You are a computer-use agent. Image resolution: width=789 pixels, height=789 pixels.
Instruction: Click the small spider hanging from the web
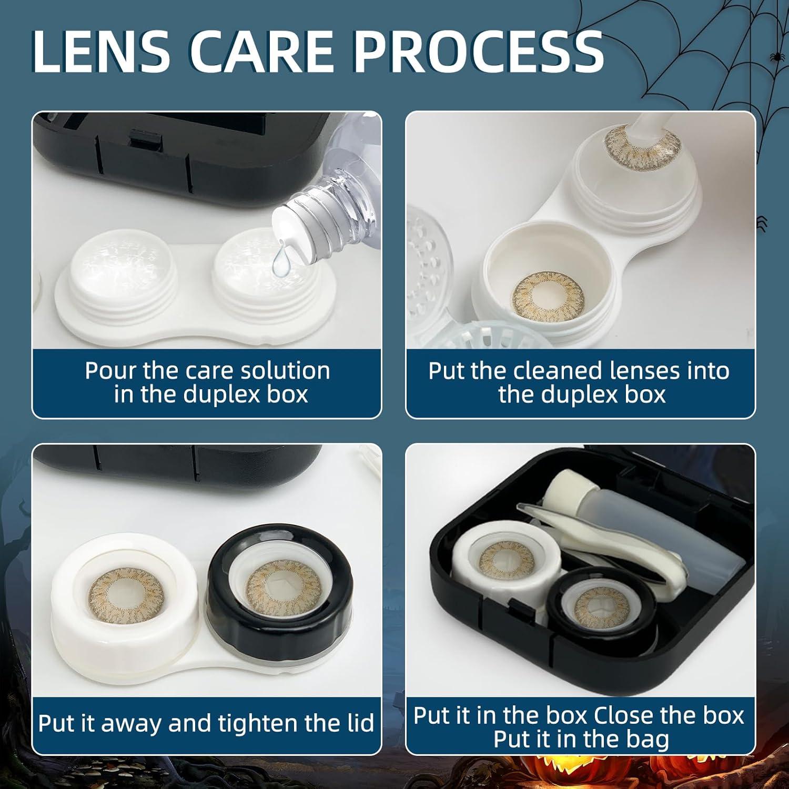775,55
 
